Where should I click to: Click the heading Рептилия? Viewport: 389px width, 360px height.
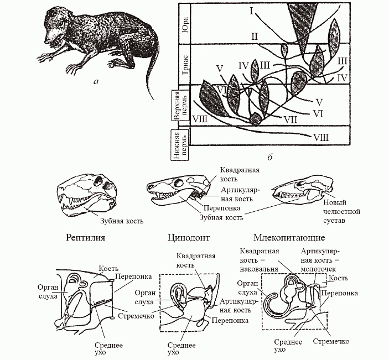tap(86, 238)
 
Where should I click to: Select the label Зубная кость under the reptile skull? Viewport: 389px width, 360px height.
tap(121, 221)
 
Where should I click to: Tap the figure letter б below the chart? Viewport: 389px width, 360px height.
tap(270, 158)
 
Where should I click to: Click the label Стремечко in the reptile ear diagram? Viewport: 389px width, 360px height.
tap(133, 317)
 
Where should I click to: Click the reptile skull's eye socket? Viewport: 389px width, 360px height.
tap(100, 180)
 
